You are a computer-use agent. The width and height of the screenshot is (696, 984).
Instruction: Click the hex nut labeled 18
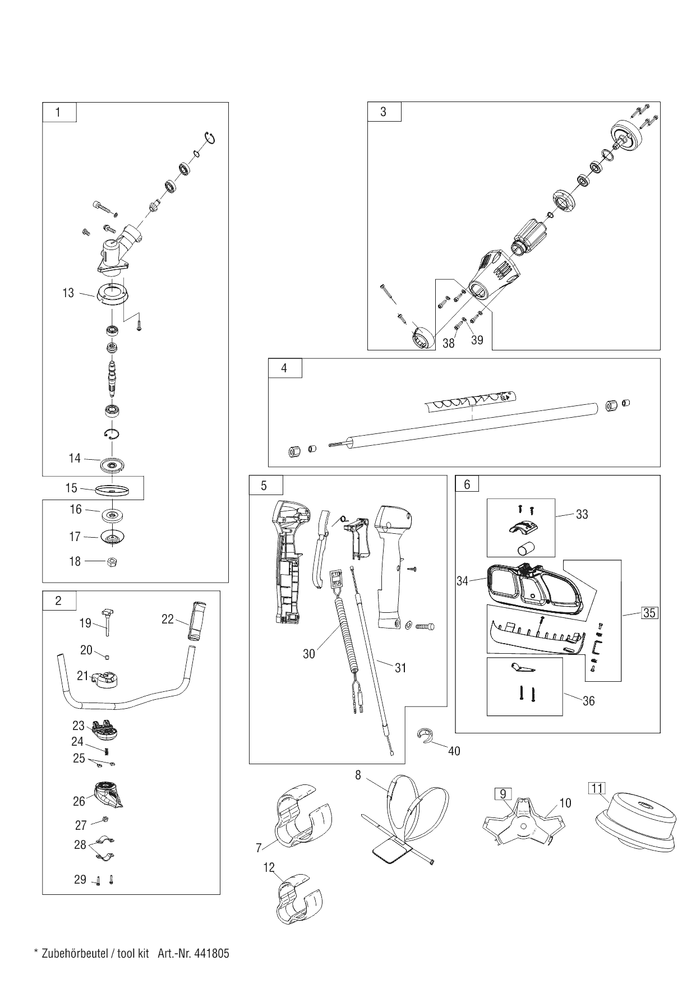[x=111, y=561]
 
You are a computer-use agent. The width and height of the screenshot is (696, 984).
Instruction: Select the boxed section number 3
[x=384, y=112]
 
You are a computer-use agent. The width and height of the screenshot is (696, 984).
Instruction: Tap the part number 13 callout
[x=68, y=293]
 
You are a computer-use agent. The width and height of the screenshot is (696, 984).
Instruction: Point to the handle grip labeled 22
[x=200, y=621]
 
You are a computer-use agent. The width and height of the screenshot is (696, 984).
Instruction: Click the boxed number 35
[x=649, y=612]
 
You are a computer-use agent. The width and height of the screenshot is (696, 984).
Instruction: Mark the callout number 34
[x=462, y=581]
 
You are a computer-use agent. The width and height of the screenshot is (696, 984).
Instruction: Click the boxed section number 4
[x=284, y=368]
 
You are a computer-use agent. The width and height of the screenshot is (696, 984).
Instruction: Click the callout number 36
[x=588, y=701]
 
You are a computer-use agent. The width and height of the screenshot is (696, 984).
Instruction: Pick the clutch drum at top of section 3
[x=626, y=138]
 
